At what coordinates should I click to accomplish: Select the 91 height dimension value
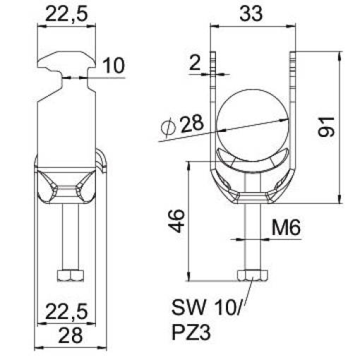[x=325, y=125]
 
